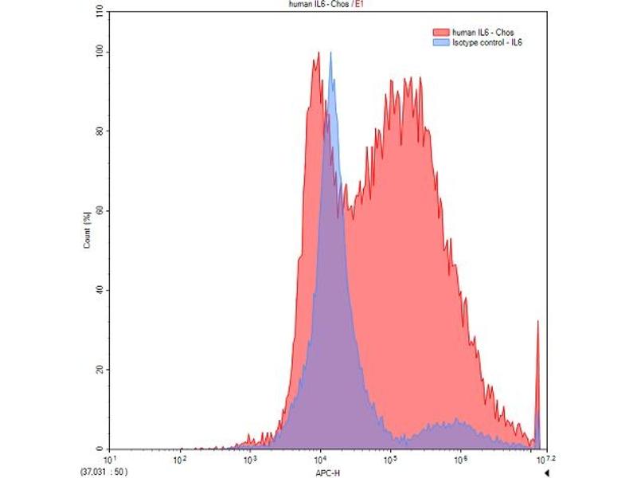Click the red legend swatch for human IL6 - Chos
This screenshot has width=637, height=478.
(440, 32)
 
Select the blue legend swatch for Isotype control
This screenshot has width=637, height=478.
(440, 41)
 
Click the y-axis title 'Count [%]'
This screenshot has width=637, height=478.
(87, 231)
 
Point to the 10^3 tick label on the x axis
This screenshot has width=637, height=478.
(249, 460)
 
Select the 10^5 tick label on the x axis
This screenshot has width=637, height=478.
(390, 460)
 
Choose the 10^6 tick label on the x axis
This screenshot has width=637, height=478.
(460, 460)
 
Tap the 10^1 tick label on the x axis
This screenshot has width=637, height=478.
(109, 460)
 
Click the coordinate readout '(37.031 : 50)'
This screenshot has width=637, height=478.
(104, 471)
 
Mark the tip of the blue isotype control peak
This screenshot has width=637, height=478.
(330, 53)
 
